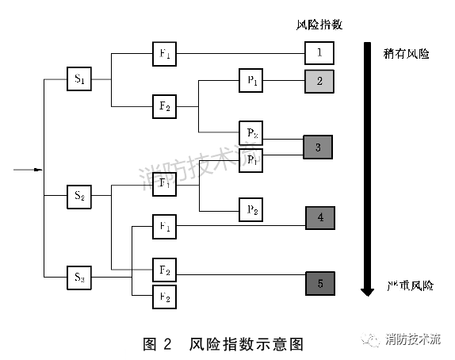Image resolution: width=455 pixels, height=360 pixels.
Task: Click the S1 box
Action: [79, 79]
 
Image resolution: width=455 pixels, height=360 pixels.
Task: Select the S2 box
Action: [79, 194]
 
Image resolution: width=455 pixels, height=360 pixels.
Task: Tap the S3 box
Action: [79, 277]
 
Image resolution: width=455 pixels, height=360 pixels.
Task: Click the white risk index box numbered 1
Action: [319, 53]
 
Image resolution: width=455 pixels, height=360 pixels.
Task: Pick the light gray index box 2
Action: [319, 80]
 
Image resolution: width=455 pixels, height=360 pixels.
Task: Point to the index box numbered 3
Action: [317, 147]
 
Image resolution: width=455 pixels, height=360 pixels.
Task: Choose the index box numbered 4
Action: [320, 216]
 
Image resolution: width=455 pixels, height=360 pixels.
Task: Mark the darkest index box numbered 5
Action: [320, 283]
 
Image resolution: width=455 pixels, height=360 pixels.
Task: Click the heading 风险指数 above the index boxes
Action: [312, 25]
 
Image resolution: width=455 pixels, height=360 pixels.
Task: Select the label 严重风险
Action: [410, 285]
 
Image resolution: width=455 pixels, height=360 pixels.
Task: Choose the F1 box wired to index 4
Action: [165, 227]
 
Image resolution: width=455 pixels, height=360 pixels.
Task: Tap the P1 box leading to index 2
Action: [250, 80]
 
